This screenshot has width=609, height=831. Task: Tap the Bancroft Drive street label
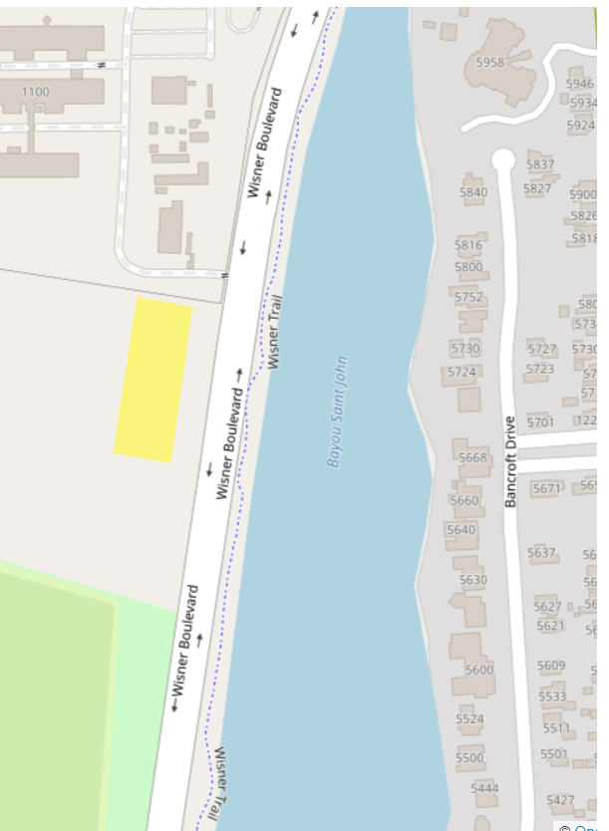510,461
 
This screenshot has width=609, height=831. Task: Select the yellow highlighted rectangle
152,380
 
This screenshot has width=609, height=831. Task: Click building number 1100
34,93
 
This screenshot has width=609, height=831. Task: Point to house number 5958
489,62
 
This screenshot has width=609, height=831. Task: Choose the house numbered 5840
473,191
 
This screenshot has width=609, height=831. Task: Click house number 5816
468,245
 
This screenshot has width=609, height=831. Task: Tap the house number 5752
467,297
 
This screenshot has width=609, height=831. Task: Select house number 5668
472,457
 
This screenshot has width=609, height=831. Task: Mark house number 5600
478,670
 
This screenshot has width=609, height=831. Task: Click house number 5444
484,788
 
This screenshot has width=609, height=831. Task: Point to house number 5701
539,422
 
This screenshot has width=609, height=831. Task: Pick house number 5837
539,164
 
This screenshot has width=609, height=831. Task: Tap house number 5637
541,552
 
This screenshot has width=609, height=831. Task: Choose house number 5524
469,718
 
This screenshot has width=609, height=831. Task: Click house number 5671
546,488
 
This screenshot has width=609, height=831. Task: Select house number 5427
560,800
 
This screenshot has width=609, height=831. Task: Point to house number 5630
472,580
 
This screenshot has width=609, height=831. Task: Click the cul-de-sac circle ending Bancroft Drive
502,159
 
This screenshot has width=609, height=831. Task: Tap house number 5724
461,372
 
